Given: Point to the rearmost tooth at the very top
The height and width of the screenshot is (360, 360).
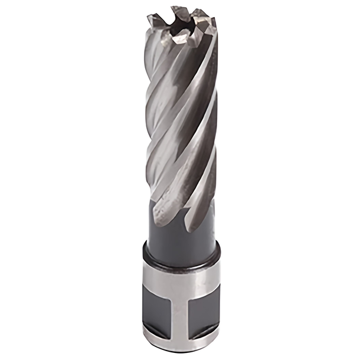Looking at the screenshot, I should [x=177, y=11].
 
